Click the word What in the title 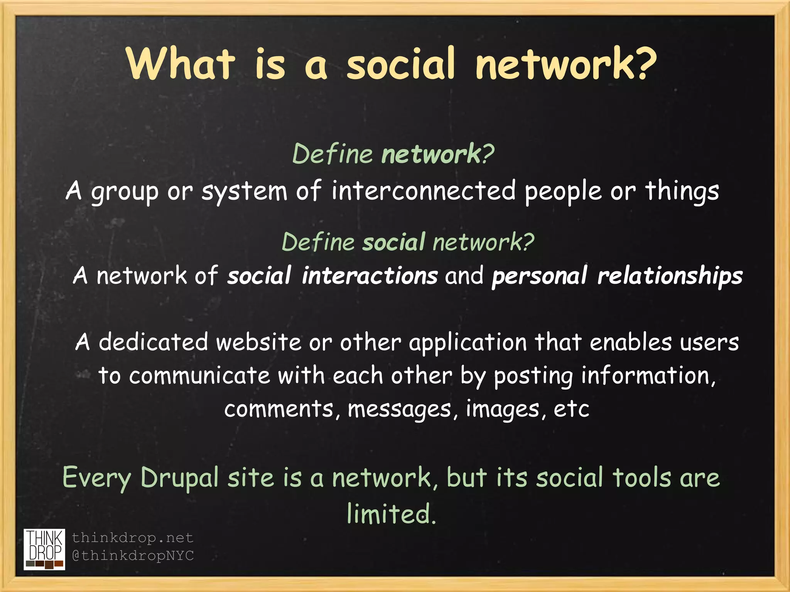[181, 64]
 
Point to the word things [682, 191]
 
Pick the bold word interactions [370, 276]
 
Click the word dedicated [154, 342]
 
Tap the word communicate [199, 376]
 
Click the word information [648, 376]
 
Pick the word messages [399, 409]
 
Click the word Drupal [179, 478]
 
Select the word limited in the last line [391, 514]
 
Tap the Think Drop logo [44, 549]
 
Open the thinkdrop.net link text [132, 538]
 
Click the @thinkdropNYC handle [133, 556]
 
